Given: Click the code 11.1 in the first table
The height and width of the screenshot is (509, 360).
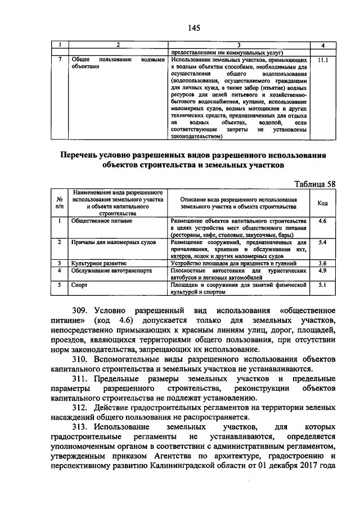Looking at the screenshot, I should click(322, 58).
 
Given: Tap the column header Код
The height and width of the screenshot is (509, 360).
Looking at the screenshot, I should click(322, 203).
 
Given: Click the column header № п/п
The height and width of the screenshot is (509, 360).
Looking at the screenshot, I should click(60, 203).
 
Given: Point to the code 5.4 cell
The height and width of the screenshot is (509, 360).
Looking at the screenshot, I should click(322, 242).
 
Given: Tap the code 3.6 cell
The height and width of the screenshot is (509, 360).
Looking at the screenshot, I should click(322, 263).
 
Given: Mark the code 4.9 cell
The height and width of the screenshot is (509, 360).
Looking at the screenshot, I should click(322, 270).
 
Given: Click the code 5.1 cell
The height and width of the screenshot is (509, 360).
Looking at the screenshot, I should click(322, 285).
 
